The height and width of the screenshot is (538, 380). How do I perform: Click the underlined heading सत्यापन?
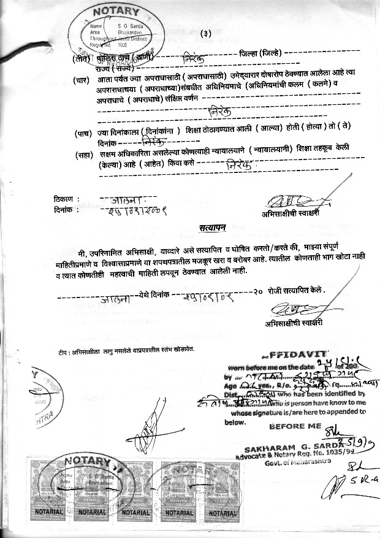click(x=212, y=228)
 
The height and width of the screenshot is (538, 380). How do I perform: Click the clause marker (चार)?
click(x=82, y=81)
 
